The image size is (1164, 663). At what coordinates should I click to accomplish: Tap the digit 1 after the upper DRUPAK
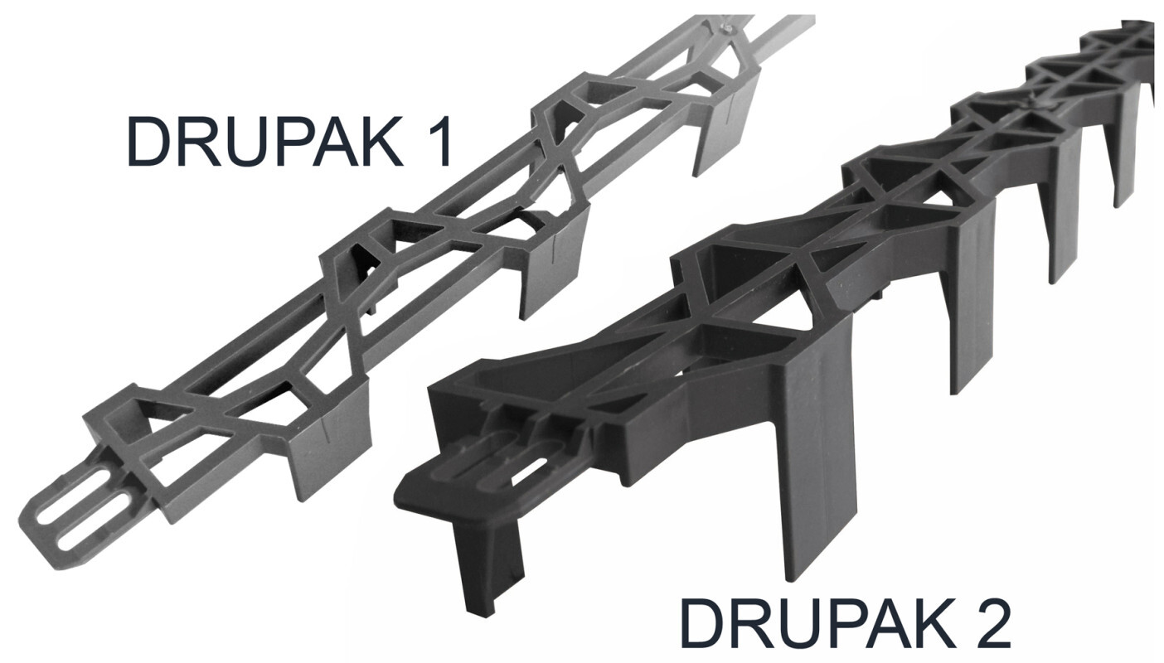point(439,141)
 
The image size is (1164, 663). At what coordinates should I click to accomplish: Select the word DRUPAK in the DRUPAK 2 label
point(817,622)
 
